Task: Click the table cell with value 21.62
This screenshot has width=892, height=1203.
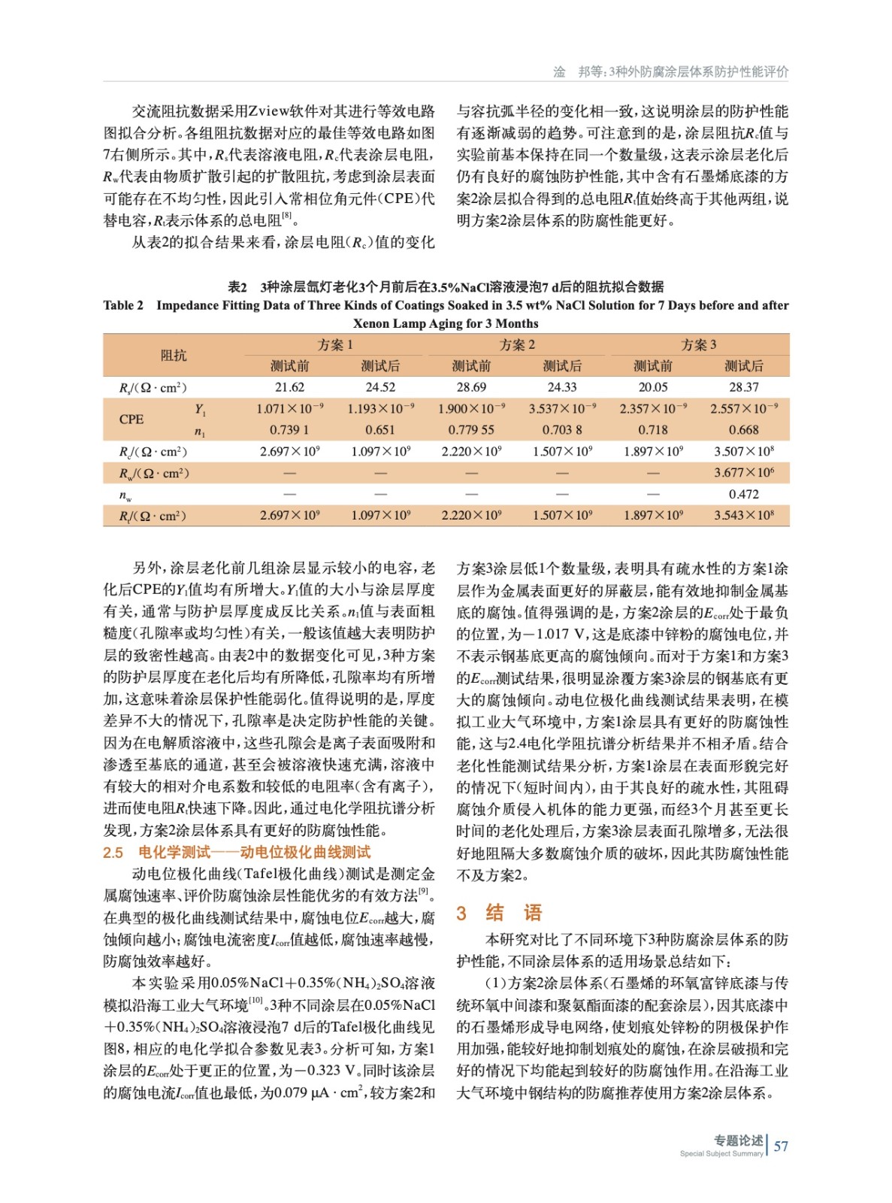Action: (289, 387)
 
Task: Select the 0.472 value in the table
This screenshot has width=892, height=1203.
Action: (743, 494)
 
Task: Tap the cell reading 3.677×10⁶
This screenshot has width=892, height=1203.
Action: (743, 473)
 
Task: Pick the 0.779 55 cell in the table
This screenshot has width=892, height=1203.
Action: (471, 430)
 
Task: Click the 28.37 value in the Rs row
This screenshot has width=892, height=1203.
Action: (743, 387)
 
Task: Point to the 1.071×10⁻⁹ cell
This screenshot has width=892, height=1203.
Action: (289, 408)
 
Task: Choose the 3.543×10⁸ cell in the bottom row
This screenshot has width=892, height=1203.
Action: (743, 516)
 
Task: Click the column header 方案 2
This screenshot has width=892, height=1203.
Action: (517, 345)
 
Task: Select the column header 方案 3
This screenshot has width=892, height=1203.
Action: (698, 345)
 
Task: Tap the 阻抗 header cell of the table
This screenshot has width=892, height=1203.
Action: (174, 355)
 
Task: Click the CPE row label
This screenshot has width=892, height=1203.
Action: (132, 419)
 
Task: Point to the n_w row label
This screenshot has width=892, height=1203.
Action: (125, 495)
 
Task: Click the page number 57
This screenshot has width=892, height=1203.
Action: (781, 1146)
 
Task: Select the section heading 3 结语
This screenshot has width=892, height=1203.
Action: (500, 913)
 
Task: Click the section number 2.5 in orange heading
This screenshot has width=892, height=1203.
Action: (113, 853)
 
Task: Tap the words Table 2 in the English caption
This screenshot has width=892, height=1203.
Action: (123, 305)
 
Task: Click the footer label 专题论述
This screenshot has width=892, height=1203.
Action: (738, 1141)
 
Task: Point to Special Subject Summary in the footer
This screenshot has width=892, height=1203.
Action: (721, 1153)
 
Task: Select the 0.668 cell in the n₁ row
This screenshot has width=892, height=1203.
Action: (743, 430)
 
